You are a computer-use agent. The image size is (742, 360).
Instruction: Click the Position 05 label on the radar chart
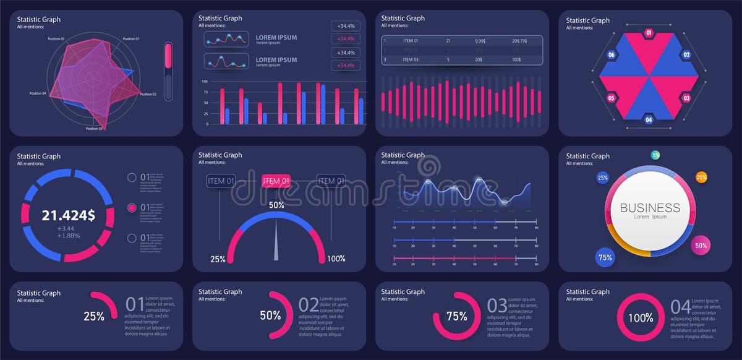[56, 39]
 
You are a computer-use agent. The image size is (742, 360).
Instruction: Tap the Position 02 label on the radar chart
[148, 94]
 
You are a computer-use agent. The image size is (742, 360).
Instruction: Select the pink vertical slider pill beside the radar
[168, 58]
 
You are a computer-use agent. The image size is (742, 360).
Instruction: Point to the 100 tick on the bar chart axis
[205, 81]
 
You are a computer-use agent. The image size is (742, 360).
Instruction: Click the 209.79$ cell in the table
[519, 41]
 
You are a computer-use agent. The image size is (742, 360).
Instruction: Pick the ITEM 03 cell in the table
[411, 60]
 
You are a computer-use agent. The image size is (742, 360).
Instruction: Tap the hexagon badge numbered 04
[649, 119]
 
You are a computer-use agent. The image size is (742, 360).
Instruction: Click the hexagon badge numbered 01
[649, 33]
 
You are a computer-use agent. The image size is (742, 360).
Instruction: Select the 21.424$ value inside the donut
[68, 215]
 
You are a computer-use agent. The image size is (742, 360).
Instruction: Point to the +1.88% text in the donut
[68, 236]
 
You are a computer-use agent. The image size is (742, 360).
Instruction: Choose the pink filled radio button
[132, 208]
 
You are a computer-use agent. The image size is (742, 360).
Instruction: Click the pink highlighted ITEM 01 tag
[276, 181]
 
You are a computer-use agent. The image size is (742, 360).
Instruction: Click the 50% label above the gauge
[276, 205]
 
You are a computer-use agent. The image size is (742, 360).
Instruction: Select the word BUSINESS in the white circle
[650, 208]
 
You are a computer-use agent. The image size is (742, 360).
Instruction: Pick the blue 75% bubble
[605, 257]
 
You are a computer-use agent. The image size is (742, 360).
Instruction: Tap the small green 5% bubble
[655, 155]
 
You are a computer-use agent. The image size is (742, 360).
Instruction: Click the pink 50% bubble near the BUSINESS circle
[701, 245]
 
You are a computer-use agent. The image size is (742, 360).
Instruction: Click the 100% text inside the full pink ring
[641, 318]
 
